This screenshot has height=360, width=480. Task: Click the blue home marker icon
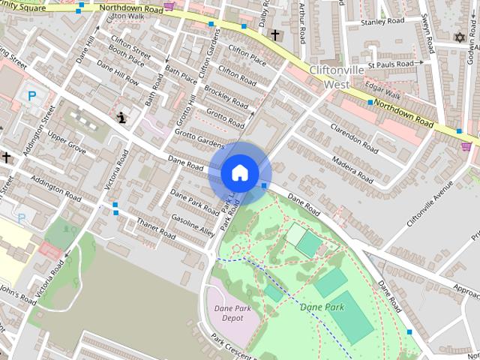tap(239, 172)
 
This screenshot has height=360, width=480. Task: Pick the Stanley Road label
tap(382, 22)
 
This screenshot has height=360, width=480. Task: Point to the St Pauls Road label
tap(395, 64)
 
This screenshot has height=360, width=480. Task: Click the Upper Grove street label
tap(68, 140)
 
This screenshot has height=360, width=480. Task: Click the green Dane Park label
tap(322, 307)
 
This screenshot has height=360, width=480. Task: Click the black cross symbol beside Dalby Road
tap(275, 34)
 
